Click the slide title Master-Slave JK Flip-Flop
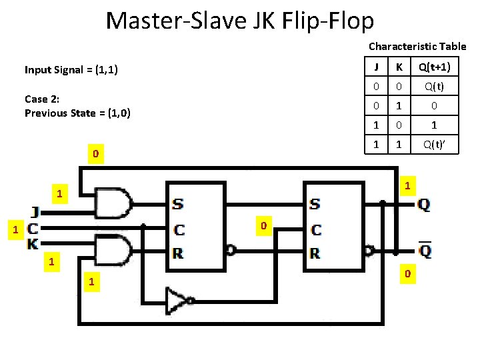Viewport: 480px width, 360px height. coord(239,21)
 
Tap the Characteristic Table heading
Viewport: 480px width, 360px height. coord(417,47)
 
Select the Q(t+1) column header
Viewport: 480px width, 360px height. coord(434,67)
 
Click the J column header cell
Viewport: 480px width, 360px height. coord(377,67)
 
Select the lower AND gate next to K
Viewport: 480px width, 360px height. coord(114,250)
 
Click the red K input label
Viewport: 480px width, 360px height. coord(33,245)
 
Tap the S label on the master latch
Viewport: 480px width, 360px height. coord(179,203)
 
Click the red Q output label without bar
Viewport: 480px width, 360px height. coord(423,205)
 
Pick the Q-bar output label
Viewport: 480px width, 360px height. coord(423,251)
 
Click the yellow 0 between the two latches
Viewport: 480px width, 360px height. coord(263,227)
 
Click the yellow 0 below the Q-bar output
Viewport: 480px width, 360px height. coord(408,274)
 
